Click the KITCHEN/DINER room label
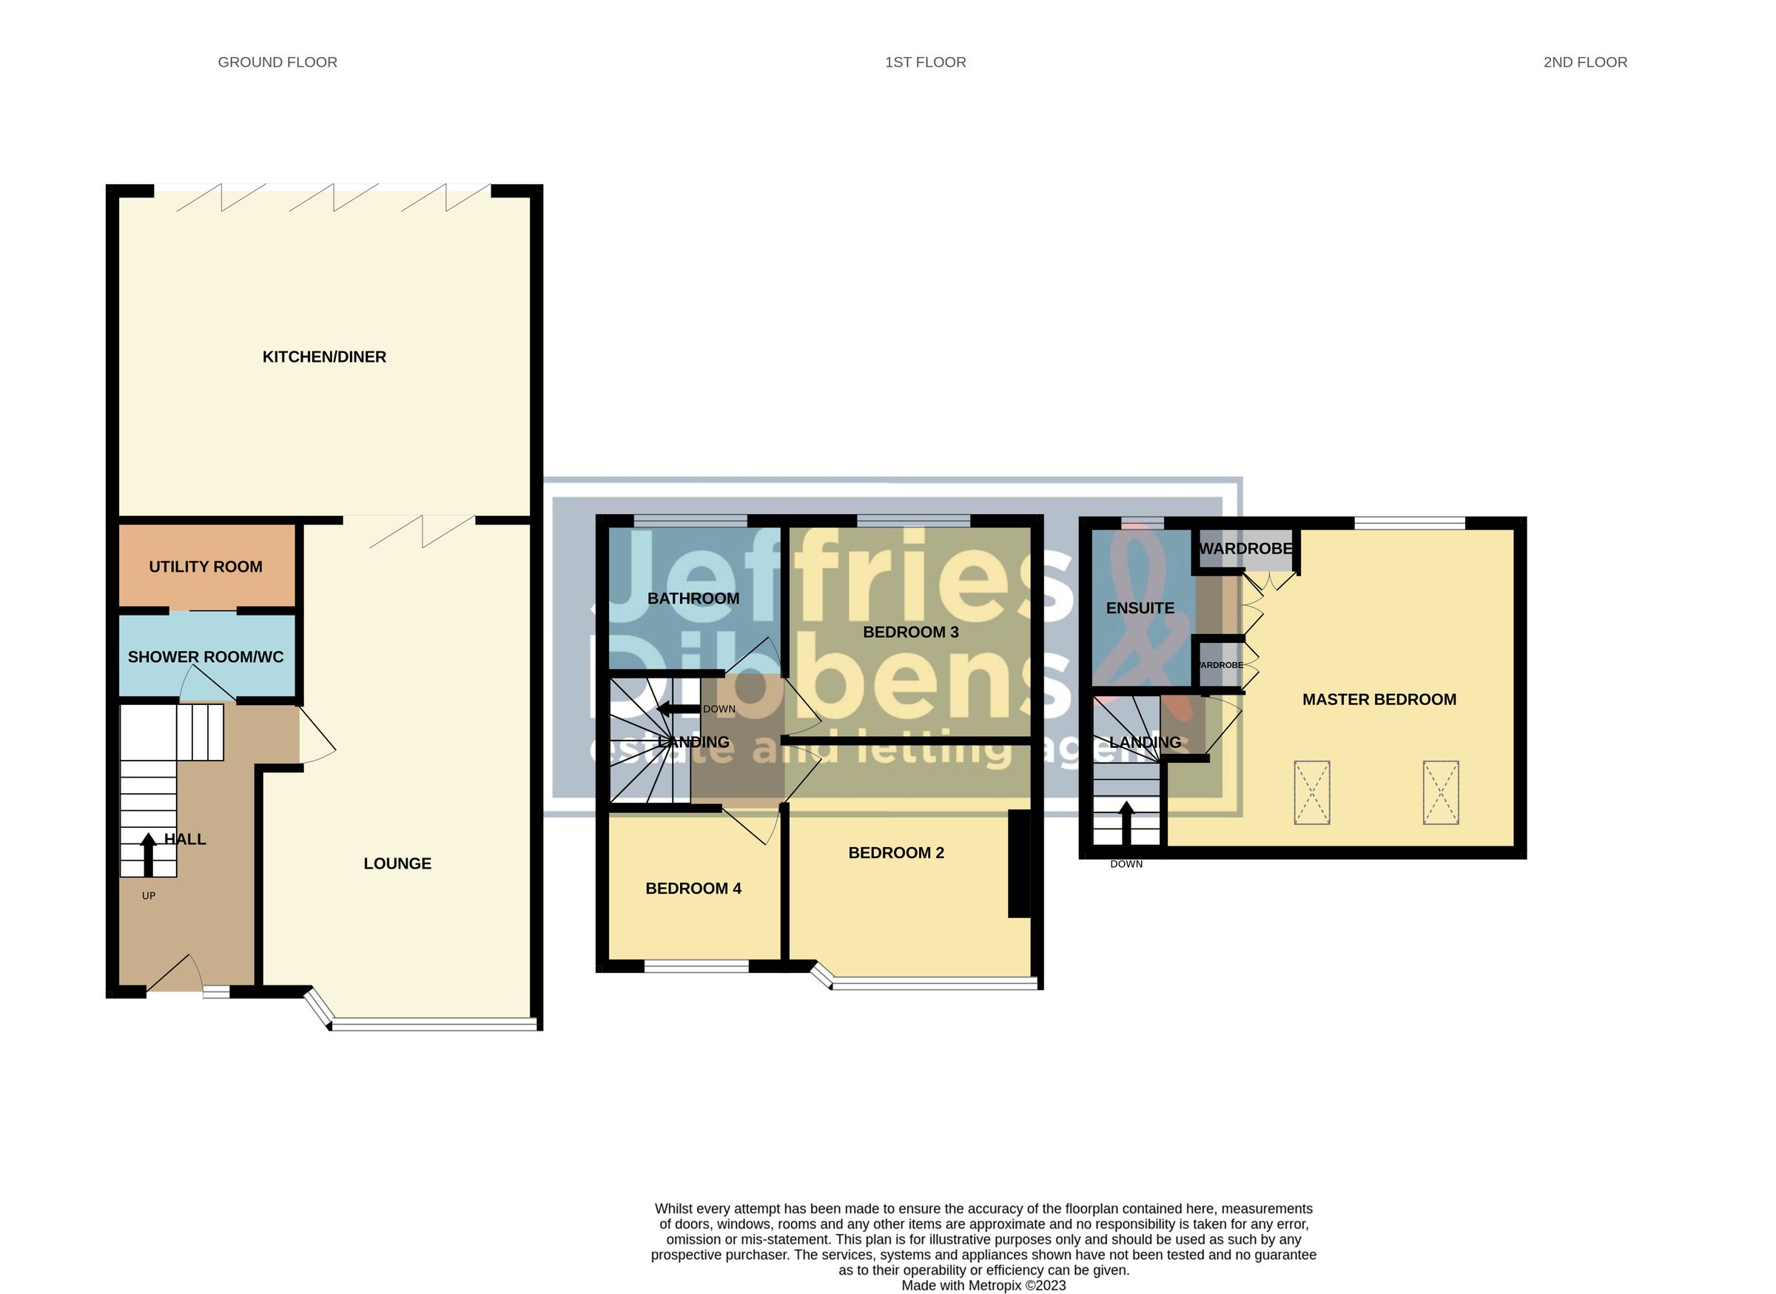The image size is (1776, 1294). [323, 357]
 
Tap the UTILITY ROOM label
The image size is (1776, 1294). [205, 566]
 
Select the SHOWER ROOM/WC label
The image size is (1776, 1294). [205, 657]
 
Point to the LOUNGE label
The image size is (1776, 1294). [397, 863]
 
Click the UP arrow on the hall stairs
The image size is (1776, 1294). [147, 855]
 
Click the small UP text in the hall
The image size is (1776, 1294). [149, 895]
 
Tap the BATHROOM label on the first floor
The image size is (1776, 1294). [693, 599]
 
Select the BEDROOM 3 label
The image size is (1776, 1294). [910, 632]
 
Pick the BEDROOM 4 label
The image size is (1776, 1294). [693, 889]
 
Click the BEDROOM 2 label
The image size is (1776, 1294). [895, 853]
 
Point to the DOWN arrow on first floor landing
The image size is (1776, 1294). [678, 710]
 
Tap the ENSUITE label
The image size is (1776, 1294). [1139, 608]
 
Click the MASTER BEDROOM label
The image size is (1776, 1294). [1378, 699]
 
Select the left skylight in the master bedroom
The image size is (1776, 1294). [1311, 792]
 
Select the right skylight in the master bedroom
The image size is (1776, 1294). [1440, 792]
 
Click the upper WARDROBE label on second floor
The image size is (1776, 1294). [1245, 548]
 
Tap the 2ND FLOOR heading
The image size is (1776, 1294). [1584, 62]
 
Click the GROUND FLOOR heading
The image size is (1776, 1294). [277, 62]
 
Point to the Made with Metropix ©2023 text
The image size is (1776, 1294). [983, 1285]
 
